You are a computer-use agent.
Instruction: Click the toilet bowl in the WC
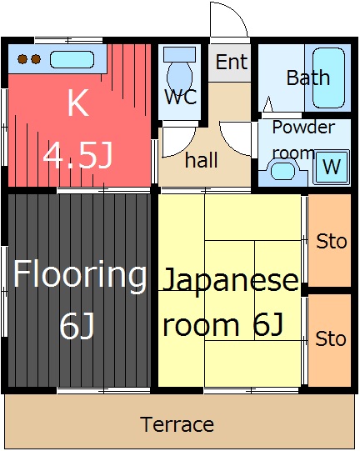[180, 78]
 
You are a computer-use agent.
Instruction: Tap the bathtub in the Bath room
[329, 78]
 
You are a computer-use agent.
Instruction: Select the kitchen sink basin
[72, 59]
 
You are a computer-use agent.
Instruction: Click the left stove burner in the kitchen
[22, 59]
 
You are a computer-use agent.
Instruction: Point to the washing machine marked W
[332, 167]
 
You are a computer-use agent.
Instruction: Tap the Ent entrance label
[232, 62]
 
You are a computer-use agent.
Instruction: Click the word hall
[202, 159]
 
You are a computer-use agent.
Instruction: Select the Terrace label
[177, 424]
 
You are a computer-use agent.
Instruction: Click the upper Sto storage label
[331, 241]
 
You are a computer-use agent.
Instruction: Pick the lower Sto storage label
[331, 338]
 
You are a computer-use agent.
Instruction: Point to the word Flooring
[80, 275]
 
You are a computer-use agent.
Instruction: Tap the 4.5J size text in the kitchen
[77, 156]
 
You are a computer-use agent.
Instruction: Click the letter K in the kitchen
[77, 103]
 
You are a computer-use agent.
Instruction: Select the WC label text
[181, 97]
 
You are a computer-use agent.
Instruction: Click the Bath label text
[308, 78]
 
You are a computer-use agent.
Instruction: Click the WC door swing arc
[184, 148]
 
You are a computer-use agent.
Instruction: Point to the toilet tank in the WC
[180, 54]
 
